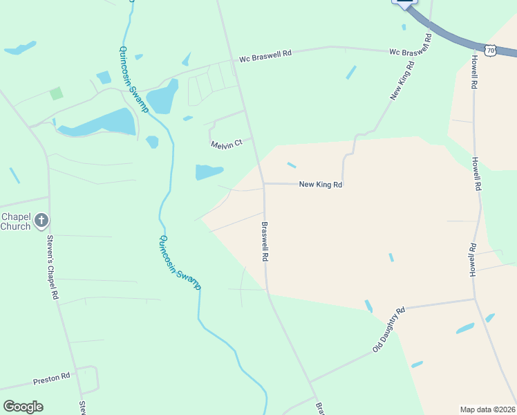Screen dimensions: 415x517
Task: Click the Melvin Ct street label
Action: pyautogui.click(x=227, y=143)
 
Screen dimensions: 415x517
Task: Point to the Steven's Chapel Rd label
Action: pyautogui.click(x=51, y=267)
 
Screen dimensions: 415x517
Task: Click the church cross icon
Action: pyautogui.click(x=41, y=221)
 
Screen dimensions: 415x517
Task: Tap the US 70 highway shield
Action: pyautogui.click(x=490, y=50)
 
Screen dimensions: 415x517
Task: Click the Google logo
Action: pyautogui.click(x=23, y=406)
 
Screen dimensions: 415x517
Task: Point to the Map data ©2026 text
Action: pyautogui.click(x=487, y=409)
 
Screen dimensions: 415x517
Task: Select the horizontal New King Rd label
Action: pyautogui.click(x=320, y=185)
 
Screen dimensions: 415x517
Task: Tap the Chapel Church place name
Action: pyautogui.click(x=15, y=221)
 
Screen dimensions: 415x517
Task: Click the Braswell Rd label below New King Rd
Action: pyautogui.click(x=265, y=241)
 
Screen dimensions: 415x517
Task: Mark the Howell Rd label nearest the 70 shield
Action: pyautogui.click(x=474, y=72)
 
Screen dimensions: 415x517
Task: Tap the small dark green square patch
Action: pyautogui.click(x=56, y=93)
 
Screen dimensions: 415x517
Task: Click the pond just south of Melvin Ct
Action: pyautogui.click(x=209, y=172)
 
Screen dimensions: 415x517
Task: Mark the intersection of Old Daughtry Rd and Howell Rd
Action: pyautogui.click(x=474, y=299)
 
